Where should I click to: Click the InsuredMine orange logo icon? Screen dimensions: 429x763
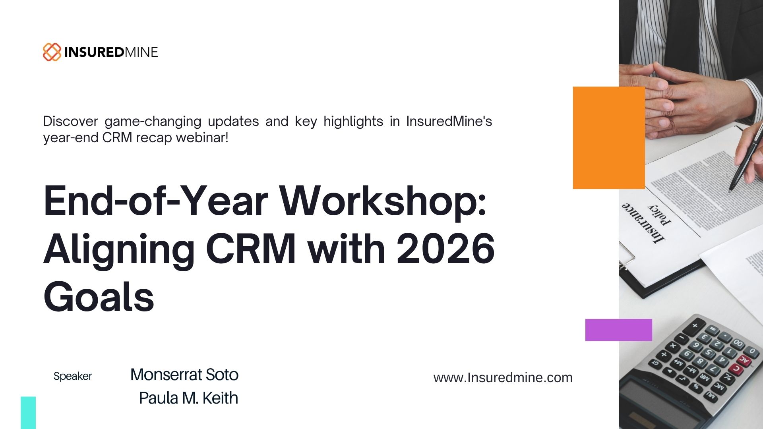coord(52,52)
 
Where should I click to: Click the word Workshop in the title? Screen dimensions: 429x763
coord(383,201)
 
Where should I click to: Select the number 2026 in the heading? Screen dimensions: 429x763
coord(445,249)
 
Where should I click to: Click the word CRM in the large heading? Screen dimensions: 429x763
coord(251,249)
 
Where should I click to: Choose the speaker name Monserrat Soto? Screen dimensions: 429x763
coord(184,375)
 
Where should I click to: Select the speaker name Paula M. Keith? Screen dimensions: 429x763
coord(188,398)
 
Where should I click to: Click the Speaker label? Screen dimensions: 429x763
coord(73,376)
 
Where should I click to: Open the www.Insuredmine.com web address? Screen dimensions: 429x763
coord(503,377)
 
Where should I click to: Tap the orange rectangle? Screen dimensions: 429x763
coord(608,138)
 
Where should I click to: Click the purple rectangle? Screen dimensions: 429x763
coord(618,330)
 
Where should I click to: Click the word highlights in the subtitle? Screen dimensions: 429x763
coord(353,121)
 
